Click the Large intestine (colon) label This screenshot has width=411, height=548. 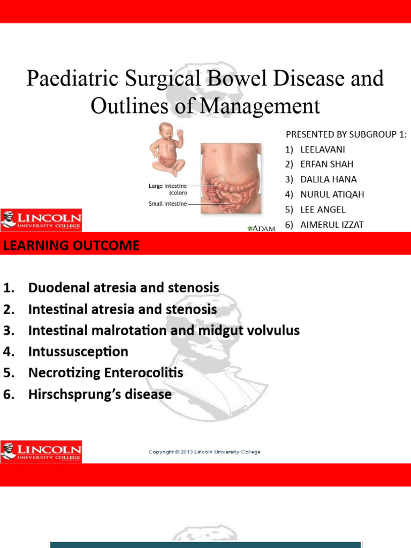(168, 189)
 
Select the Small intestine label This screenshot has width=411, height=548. (168, 203)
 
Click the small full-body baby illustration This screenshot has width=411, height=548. (166, 149)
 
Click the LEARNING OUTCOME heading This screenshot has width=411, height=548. (71, 246)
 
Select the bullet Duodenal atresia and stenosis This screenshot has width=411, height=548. (124, 288)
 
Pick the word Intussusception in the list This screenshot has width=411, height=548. (78, 352)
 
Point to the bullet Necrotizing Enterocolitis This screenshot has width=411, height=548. (105, 373)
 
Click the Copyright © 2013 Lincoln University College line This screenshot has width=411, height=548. (204, 452)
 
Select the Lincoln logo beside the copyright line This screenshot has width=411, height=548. (41, 452)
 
